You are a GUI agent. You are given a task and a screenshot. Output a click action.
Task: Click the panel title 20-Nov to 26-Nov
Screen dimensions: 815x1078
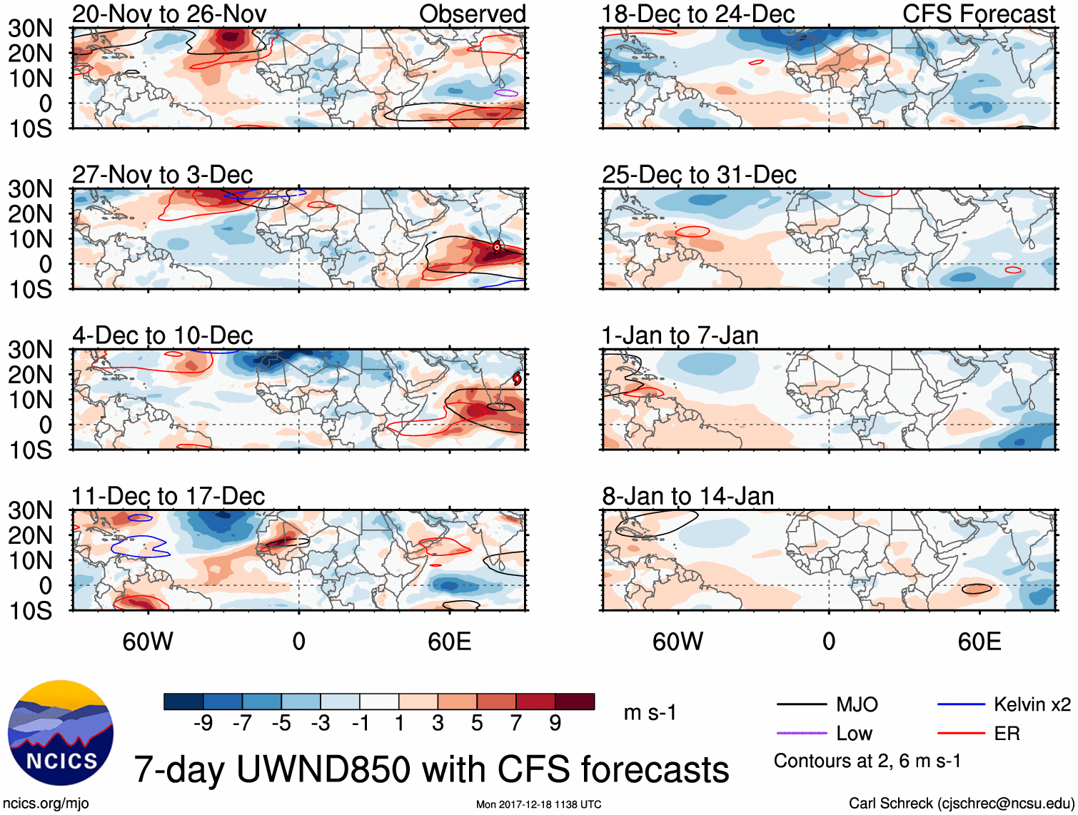coord(169,14)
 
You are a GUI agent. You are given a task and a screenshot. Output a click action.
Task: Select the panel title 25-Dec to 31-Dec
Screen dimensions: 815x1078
coord(699,175)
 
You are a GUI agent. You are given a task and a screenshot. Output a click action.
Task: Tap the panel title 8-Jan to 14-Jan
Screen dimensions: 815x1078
coord(687,496)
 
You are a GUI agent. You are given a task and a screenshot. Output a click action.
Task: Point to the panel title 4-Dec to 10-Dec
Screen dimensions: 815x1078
coord(163,335)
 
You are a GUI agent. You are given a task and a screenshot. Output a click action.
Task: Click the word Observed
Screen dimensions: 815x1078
coord(472,14)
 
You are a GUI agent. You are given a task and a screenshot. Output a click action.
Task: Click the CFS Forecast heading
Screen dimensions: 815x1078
coord(978,14)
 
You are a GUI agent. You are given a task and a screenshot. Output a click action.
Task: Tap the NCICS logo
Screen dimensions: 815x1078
coord(61,733)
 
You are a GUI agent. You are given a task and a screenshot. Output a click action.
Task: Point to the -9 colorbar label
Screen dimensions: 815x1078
coord(203,724)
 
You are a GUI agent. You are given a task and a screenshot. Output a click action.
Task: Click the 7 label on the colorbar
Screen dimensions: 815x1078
coord(516,724)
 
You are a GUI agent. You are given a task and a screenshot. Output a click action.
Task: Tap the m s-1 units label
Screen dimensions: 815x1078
coord(650,713)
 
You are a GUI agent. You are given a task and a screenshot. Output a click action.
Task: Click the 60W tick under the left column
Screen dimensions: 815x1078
coord(148,642)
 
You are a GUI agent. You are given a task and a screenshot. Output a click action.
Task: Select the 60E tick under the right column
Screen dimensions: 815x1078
coord(979,642)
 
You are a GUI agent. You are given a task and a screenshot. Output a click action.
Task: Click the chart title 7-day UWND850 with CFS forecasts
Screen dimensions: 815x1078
coord(431,769)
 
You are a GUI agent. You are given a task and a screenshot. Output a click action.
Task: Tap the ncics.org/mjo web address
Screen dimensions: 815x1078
coord(46,804)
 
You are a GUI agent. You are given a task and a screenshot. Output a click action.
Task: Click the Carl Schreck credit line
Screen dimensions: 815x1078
coord(960,804)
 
